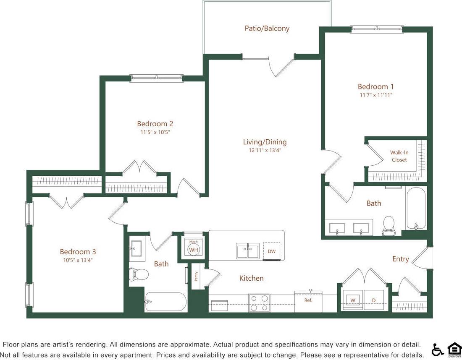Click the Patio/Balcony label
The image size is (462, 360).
pyautogui.click(x=267, y=29)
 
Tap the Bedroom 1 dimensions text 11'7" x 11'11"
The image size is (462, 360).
pyautogui.click(x=375, y=95)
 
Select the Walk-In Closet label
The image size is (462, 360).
pyautogui.click(x=399, y=156)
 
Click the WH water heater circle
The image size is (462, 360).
pyautogui.click(x=193, y=250)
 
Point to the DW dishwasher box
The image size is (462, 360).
pyautogui.click(x=271, y=251)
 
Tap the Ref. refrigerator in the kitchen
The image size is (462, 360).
pyautogui.click(x=308, y=301)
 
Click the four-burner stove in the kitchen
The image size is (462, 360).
pyautogui.click(x=259, y=303)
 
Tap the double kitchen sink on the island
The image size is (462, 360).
pyautogui.click(x=247, y=251)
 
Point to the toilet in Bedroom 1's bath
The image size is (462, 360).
pyautogui.click(x=389, y=225)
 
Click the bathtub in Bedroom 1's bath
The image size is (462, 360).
pyautogui.click(x=416, y=209)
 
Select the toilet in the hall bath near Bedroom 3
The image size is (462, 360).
pyautogui.click(x=139, y=274)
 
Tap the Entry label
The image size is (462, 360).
pyautogui.click(x=400, y=259)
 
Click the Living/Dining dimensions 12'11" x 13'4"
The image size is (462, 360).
pyautogui.click(x=265, y=150)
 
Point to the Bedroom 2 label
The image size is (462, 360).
pyautogui.click(x=155, y=124)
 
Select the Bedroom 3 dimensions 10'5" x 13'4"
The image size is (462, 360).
pyautogui.click(x=78, y=260)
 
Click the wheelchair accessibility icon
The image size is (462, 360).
pyautogui.click(x=437, y=350)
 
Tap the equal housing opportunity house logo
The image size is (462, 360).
pyautogui.click(x=454, y=350)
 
